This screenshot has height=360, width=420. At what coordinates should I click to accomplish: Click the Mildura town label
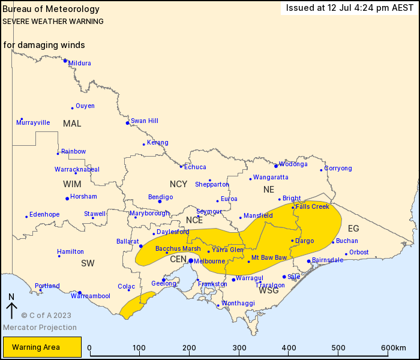pos(80,63)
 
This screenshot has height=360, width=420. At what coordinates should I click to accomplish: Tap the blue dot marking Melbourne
pos(191,261)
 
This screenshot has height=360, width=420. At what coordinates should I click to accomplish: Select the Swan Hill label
pos(145,121)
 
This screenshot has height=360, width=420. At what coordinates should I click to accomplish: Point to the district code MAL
pos(72,123)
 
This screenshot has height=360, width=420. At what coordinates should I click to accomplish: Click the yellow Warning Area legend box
pos(42,347)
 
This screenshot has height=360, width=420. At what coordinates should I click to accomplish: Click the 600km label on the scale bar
pos(394,348)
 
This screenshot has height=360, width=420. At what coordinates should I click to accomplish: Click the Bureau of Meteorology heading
pos(52,10)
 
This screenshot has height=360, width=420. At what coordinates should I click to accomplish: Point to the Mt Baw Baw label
pos(269,257)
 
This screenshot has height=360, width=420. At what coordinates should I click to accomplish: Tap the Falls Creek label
pos(313,206)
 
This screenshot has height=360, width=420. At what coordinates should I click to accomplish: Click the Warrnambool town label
pos(91,296)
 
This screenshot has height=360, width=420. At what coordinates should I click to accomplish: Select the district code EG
pos(353,229)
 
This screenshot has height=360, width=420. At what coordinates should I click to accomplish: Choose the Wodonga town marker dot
pos(276,166)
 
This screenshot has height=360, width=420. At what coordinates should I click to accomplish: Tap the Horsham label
pos(83,196)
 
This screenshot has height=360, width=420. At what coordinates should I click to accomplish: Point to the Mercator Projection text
pos(40,328)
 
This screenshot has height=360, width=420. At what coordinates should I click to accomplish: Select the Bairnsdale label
pos(328,260)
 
